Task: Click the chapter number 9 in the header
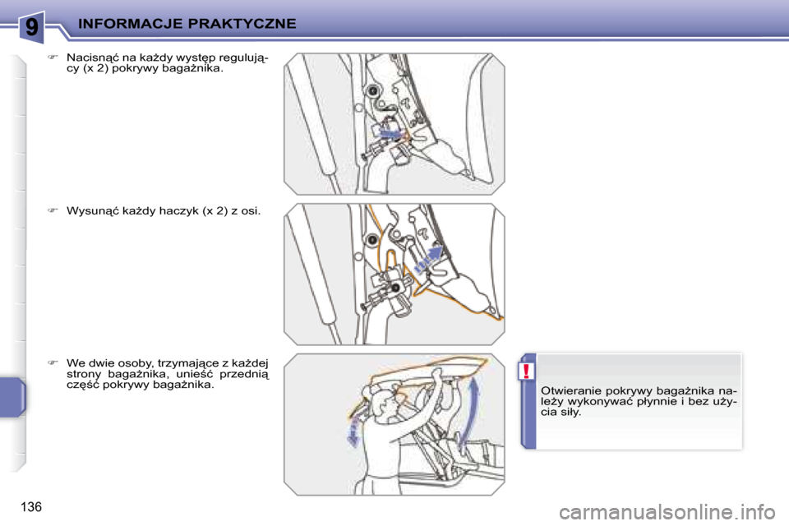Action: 31,26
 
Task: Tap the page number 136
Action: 31,506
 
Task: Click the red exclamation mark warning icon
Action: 526,371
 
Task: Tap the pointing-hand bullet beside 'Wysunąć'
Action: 53,210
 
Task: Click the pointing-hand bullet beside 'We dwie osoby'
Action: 53,362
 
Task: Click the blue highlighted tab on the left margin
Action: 12,397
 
